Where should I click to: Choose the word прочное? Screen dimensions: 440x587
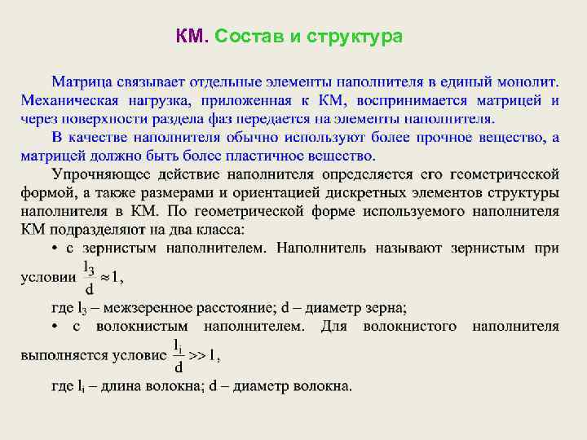411,137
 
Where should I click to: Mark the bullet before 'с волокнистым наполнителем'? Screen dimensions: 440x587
55,327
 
